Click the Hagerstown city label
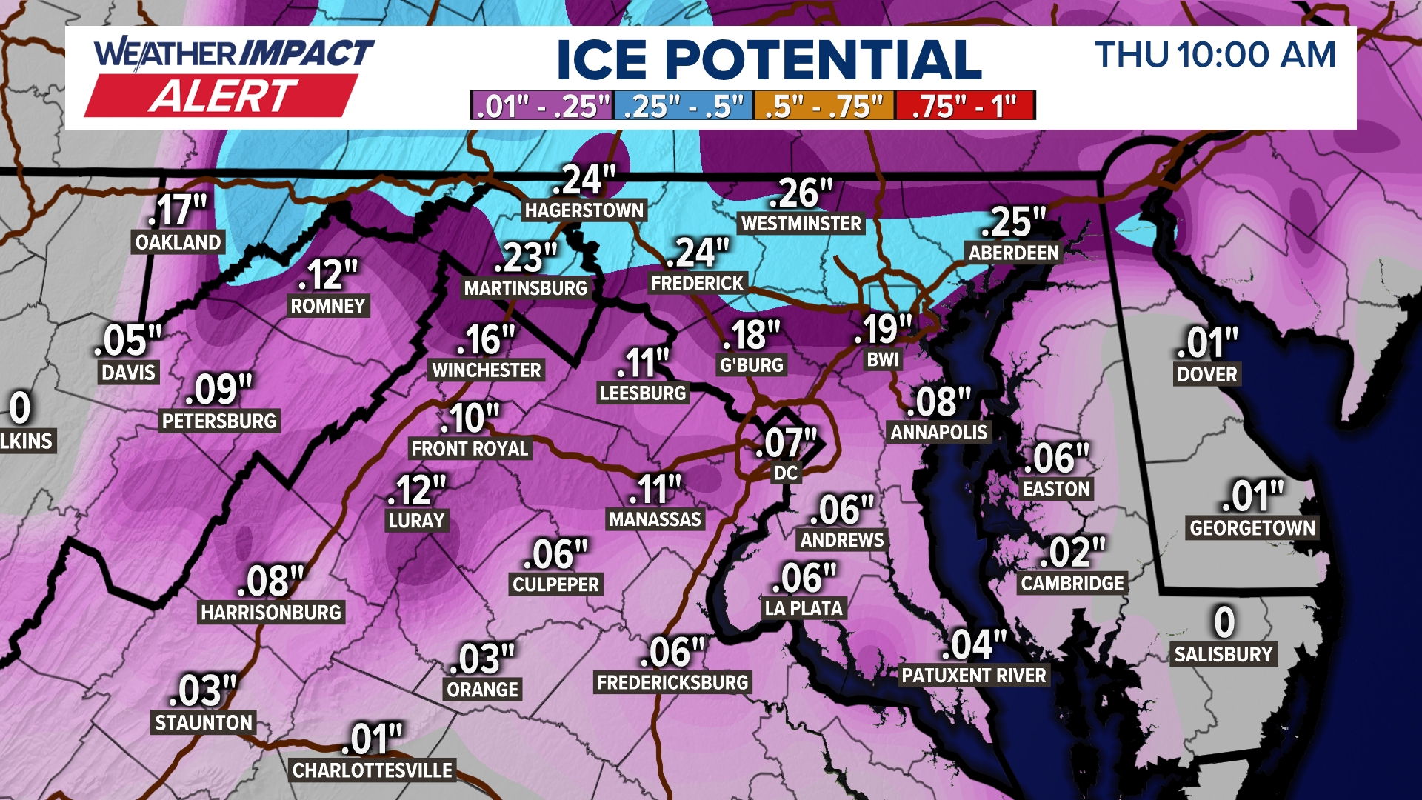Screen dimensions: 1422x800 click(x=584, y=210)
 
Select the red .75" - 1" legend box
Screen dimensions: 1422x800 click(x=964, y=106)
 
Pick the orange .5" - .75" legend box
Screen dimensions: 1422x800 click(x=824, y=106)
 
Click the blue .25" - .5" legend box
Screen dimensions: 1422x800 click(x=683, y=106)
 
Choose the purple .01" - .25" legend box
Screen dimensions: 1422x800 click(x=542, y=106)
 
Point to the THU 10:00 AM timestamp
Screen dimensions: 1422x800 click(x=1215, y=55)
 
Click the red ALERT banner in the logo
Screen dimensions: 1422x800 click(x=222, y=96)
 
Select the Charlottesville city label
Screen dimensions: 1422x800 click(x=372, y=770)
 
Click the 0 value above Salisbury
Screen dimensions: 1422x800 click(x=1224, y=621)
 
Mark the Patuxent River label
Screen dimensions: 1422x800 click(x=974, y=676)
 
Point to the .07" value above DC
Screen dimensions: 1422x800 click(x=785, y=443)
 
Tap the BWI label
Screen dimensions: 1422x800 click(x=883, y=360)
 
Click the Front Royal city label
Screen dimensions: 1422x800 click(x=470, y=448)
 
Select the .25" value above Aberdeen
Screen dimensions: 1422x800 click(x=1012, y=221)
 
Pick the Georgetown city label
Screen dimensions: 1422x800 click(x=1252, y=528)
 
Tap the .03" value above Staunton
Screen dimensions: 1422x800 click(x=202, y=690)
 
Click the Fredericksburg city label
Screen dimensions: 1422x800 click(x=672, y=682)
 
